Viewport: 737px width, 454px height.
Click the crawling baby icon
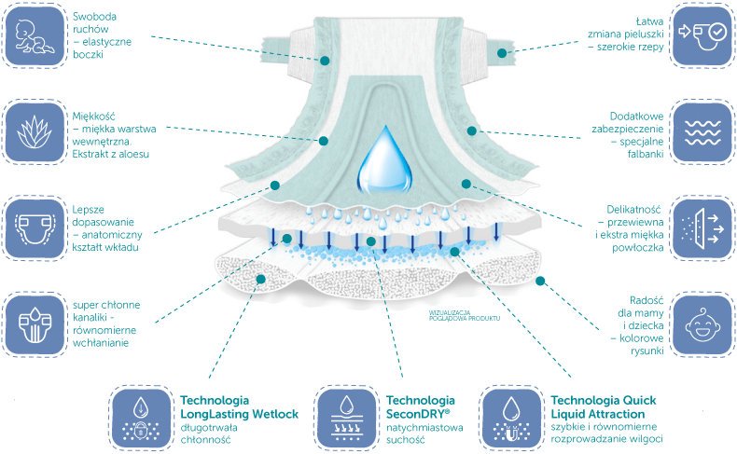pos(34,35)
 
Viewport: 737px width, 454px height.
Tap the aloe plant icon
pos(34,132)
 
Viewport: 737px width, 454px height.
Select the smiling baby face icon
pos(702,324)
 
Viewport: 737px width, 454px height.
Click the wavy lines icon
pos(702,133)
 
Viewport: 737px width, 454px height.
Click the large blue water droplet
pos(384,159)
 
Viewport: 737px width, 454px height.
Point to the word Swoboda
pos(94,17)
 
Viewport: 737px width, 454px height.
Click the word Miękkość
pos(93,117)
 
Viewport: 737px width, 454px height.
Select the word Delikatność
pos(633,210)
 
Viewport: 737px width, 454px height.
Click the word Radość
pos(647,300)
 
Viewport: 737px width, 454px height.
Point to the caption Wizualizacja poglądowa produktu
pos(465,315)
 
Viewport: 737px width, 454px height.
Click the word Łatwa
pos(649,21)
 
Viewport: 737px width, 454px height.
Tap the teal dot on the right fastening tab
pos(502,53)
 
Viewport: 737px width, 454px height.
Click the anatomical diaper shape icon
pos(34,228)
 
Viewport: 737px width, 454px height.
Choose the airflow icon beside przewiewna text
pos(702,228)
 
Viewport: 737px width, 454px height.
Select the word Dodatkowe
pos(637,117)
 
